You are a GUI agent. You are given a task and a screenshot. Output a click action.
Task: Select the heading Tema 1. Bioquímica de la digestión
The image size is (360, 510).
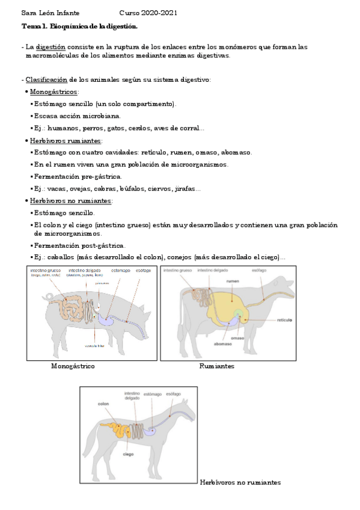click(79, 26)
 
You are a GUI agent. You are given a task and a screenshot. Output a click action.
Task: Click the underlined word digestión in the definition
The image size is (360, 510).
click(50, 46)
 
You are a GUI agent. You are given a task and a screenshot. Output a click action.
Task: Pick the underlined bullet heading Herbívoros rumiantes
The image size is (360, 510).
click(66, 140)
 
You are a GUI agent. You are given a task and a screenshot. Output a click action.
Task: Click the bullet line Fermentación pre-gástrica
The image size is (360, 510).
click(78, 176)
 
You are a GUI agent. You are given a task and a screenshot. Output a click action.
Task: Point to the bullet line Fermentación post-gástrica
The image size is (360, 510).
click(80, 245)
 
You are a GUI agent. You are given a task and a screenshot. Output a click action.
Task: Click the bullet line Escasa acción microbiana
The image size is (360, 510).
click(77, 115)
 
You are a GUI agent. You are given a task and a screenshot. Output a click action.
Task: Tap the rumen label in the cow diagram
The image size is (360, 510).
click(233, 281)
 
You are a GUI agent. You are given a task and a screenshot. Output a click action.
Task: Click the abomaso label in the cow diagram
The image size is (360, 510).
click(223, 345)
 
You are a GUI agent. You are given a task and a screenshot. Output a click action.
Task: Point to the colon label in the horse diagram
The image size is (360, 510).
click(103, 404)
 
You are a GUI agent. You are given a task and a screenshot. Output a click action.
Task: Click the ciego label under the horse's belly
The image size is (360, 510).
click(127, 454)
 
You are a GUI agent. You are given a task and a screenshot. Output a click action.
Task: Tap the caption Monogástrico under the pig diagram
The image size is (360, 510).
click(73, 366)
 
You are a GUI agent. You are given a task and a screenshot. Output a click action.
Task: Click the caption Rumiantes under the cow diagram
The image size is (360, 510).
click(216, 366)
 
